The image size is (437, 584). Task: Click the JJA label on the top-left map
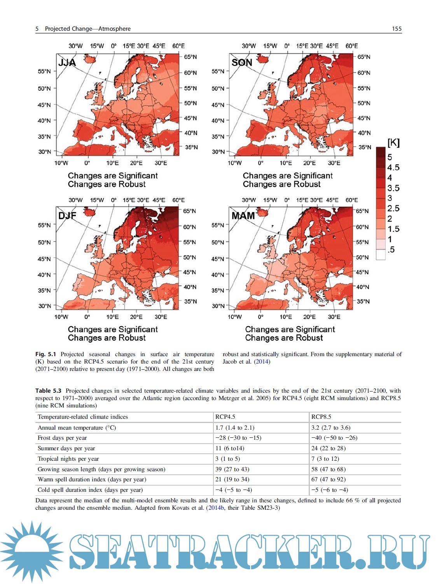[67, 62]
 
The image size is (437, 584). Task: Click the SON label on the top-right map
[242, 62]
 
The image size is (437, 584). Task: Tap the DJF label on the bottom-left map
[67, 216]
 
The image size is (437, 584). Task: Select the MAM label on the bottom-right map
[243, 216]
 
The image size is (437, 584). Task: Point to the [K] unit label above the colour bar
[393, 142]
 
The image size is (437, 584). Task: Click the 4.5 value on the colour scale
[393, 167]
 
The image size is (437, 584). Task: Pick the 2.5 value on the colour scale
[393, 208]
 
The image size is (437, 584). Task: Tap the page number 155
[397, 28]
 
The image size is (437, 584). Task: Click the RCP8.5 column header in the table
[321, 417]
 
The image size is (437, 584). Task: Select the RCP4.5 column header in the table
[225, 417]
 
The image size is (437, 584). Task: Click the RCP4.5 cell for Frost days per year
[238, 438]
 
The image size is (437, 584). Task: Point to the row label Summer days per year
[66, 448]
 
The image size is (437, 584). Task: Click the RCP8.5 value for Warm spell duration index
[328, 479]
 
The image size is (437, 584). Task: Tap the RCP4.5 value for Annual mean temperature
[235, 428]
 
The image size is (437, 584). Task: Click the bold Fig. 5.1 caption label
[45, 354]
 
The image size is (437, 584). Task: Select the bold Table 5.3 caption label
[48, 391]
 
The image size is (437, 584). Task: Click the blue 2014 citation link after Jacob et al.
[262, 362]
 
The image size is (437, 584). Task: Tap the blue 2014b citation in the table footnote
[216, 508]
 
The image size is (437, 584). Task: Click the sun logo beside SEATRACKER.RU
[31, 551]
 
